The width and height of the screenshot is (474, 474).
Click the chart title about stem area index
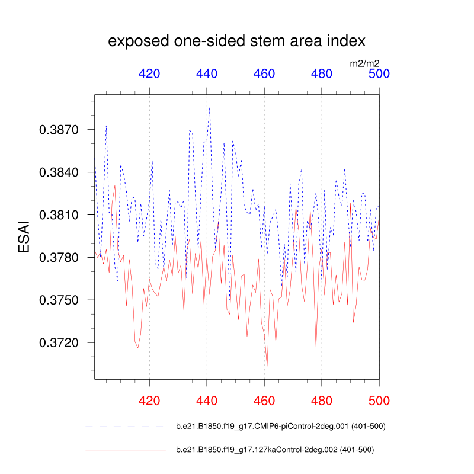236,41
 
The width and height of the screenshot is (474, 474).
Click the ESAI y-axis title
24,236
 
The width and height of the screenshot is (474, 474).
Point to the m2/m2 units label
364,63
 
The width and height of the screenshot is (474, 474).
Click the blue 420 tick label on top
149,74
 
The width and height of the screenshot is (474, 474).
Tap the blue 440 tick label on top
207,74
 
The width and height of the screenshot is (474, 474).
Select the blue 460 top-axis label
264,74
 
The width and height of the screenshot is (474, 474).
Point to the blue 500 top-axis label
379,74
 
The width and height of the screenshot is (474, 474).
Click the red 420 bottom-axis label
149,401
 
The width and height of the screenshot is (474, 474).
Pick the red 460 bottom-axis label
264,401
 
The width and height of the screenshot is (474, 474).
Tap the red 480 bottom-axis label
322,401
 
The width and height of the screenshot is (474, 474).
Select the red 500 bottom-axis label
379,401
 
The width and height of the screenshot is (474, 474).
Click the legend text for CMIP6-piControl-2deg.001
281,427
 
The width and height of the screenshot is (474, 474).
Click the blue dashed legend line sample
124,427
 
